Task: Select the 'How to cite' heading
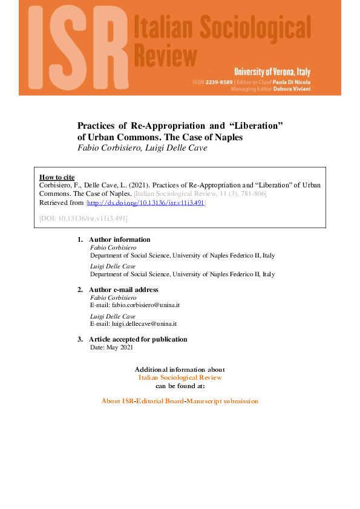pyautogui.click(x=56, y=177)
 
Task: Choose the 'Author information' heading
pyautogui.click(x=119, y=239)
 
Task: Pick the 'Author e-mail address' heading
pyautogui.click(x=123, y=290)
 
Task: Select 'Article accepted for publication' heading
pyautogui.click(x=138, y=339)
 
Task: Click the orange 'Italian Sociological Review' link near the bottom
pyautogui.click(x=180, y=377)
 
